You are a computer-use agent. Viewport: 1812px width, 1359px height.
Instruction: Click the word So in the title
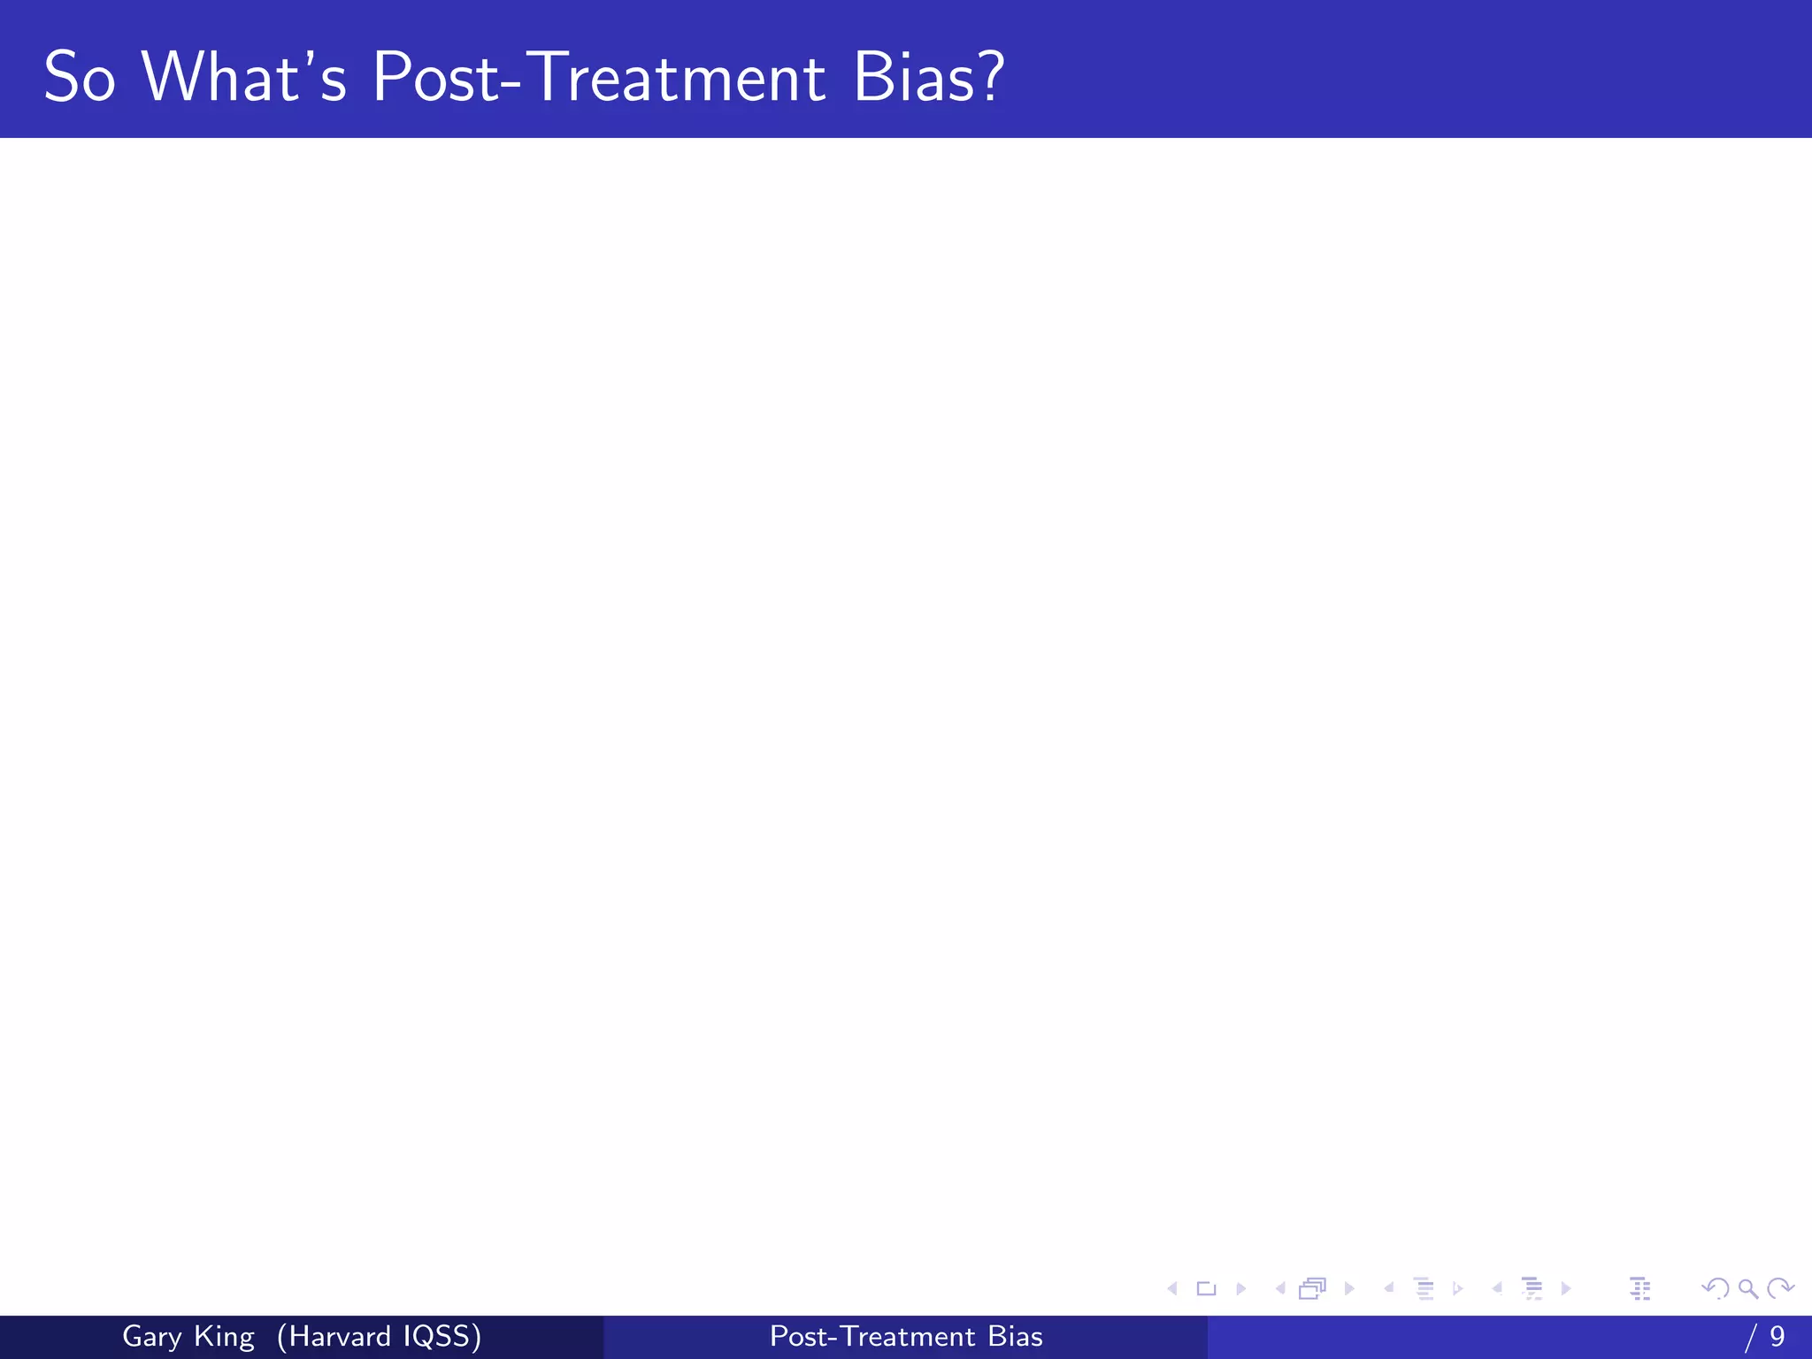[x=80, y=78]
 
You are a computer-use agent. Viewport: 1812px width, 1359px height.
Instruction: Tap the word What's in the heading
[x=244, y=78]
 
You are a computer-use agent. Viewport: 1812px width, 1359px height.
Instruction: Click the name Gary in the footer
[x=151, y=1337]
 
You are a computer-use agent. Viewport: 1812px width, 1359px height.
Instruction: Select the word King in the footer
[x=224, y=1337]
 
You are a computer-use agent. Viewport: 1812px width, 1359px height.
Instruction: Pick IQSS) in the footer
[x=442, y=1337]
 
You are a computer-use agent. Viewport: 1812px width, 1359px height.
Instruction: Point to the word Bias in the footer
[x=1016, y=1337]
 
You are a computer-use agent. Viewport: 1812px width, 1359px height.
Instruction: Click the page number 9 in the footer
[x=1777, y=1337]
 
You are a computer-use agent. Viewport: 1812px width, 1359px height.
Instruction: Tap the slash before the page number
[x=1750, y=1337]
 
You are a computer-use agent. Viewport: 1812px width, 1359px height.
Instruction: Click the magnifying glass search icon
[x=1747, y=1288]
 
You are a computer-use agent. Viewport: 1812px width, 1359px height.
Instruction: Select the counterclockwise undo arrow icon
[x=1715, y=1288]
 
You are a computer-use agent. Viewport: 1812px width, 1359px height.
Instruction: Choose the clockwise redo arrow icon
[x=1780, y=1288]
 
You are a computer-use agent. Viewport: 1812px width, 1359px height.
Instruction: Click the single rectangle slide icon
[x=1206, y=1288]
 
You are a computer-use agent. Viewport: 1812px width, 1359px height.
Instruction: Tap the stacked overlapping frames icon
[x=1313, y=1288]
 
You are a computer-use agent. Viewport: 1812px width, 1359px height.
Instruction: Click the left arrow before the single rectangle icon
[x=1172, y=1288]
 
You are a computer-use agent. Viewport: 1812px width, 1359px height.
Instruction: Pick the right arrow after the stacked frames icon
[x=1349, y=1288]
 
